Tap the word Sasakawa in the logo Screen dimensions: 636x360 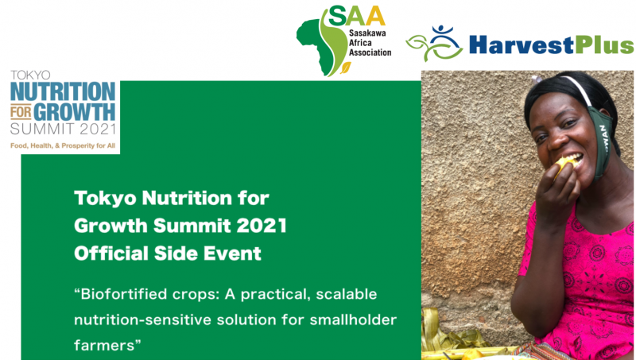(367, 33)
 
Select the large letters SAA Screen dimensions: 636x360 (356, 16)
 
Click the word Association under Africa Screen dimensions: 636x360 (370, 52)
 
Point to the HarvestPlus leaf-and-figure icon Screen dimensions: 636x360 (434, 44)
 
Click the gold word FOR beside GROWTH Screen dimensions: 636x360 (21, 112)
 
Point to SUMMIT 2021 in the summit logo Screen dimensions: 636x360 (64, 130)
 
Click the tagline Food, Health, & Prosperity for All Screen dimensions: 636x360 (63, 145)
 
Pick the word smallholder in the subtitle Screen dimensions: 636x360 (353, 319)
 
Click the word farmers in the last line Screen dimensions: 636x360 (104, 346)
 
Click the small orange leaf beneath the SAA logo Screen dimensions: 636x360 (345, 68)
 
